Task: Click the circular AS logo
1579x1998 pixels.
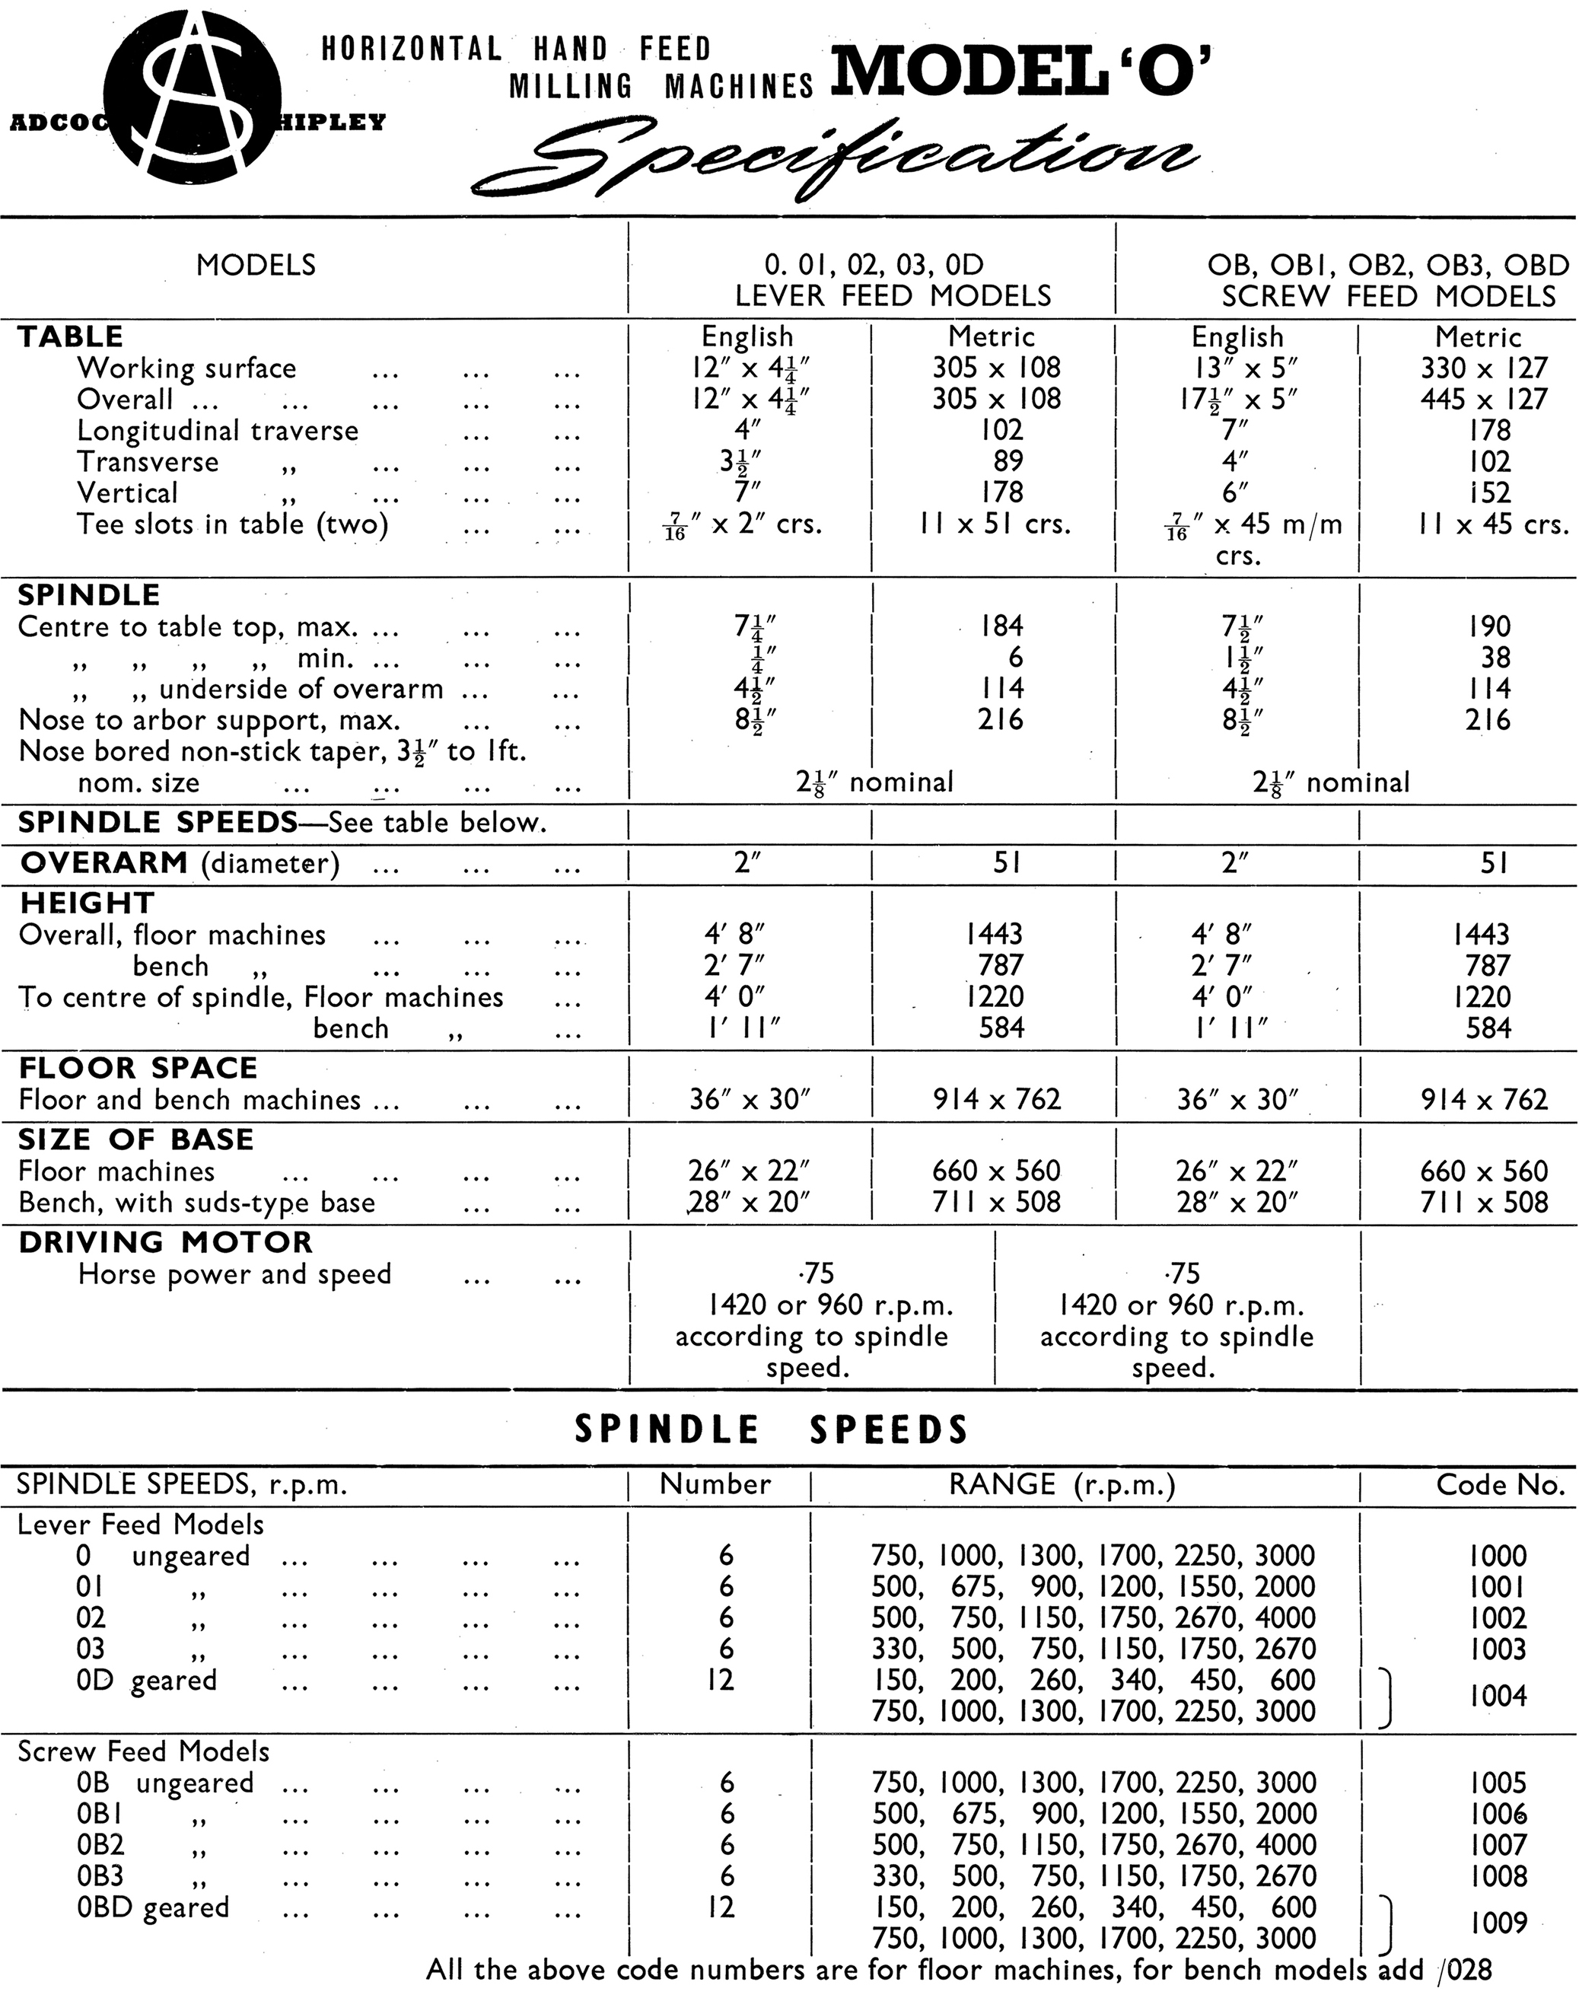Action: pyautogui.click(x=195, y=102)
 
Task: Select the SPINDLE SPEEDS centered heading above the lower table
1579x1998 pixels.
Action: pyautogui.click(x=771, y=1429)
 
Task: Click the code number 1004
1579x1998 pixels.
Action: pyautogui.click(x=1497, y=1696)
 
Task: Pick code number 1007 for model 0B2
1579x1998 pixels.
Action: pyautogui.click(x=1498, y=1846)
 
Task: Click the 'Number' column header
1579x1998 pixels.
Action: pyautogui.click(x=715, y=1484)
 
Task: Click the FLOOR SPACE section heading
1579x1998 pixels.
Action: pyautogui.click(x=138, y=1068)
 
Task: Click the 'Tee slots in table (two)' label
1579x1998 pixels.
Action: pyautogui.click(x=232, y=524)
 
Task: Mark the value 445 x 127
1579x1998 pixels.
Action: pyautogui.click(x=1484, y=400)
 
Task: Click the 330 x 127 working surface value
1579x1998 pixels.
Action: pyautogui.click(x=1484, y=368)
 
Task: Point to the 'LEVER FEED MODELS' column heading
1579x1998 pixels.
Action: pyautogui.click(x=893, y=296)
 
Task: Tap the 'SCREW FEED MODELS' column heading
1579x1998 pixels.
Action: pyautogui.click(x=1389, y=296)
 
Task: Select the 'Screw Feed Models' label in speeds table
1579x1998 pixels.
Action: pyautogui.click(x=143, y=1751)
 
